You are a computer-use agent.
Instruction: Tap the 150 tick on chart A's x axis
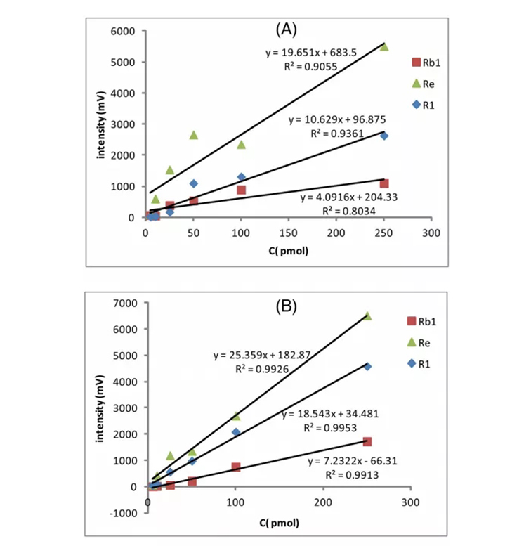[288, 232]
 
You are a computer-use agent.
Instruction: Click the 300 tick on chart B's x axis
[411, 502]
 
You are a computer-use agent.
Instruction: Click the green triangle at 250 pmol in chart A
[383, 46]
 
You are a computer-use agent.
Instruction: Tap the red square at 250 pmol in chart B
[367, 441]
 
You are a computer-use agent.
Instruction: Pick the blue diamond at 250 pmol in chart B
[367, 366]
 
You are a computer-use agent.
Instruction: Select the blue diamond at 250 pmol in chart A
[383, 136]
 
